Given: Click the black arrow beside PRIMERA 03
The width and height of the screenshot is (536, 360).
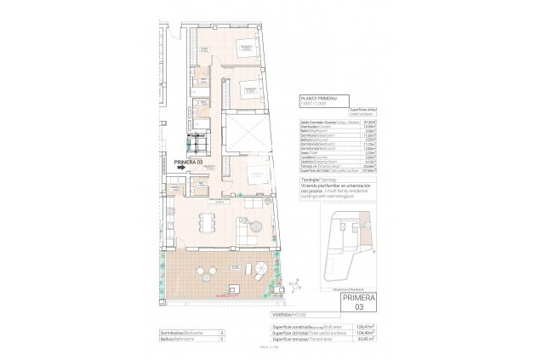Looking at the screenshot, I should (182, 168).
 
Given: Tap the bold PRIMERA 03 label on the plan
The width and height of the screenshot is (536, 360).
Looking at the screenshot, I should (188, 161).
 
